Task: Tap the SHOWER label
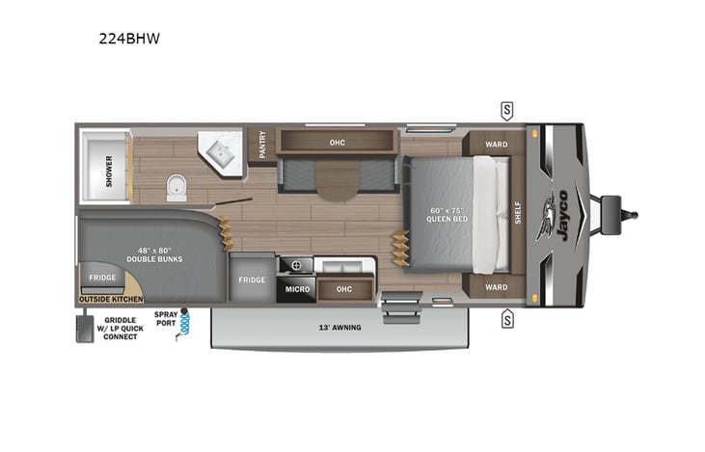109,170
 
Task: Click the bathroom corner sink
221,150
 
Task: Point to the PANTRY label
261,145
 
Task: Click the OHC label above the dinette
337,143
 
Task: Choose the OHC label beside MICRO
343,287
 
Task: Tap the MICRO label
296,287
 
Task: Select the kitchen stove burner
295,264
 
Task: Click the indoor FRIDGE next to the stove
252,279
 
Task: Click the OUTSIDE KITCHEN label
109,300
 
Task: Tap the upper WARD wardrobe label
496,145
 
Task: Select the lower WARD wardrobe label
496,287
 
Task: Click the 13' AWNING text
341,328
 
